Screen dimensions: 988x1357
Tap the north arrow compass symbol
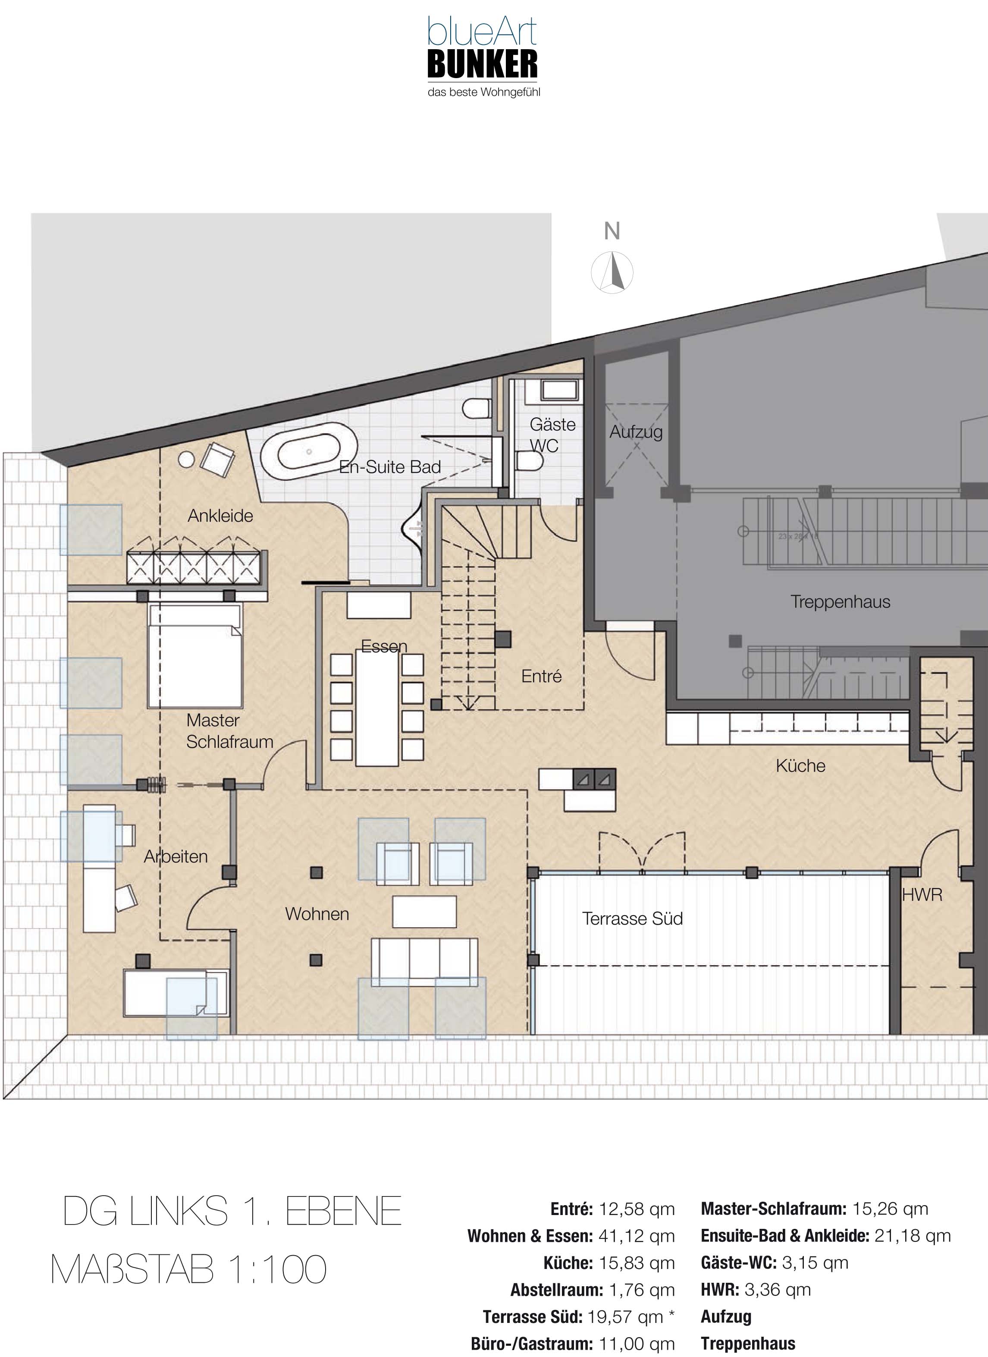click(612, 273)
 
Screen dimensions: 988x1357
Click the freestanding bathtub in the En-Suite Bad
click(309, 451)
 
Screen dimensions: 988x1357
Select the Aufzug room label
click(636, 431)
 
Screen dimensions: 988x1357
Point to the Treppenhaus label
click(840, 601)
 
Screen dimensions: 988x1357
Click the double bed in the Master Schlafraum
click(195, 656)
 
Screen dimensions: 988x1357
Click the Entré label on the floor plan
click(541, 676)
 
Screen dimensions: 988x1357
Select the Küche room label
click(800, 766)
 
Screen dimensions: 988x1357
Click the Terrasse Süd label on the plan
click(633, 919)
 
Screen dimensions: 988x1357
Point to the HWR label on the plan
click(922, 895)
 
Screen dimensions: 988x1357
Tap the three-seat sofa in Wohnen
click(424, 961)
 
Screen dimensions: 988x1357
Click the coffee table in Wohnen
click(424, 912)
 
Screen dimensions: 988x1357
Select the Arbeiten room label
click(176, 857)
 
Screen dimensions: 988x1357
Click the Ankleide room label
click(220, 516)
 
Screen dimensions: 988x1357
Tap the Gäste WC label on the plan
click(552, 435)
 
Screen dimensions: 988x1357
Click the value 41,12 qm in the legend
click(637, 1236)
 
